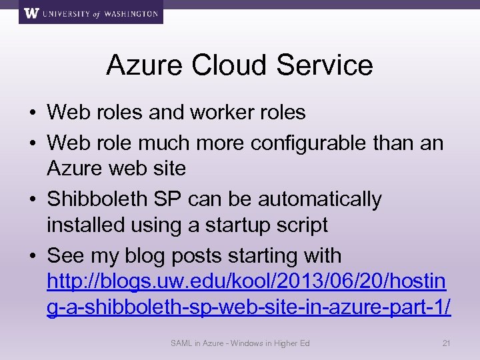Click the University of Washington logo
91,13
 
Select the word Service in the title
327,65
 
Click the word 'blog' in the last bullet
154,255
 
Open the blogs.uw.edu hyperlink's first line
247,281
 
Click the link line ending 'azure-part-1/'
249,308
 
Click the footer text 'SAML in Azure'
197,343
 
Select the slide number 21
447,343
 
